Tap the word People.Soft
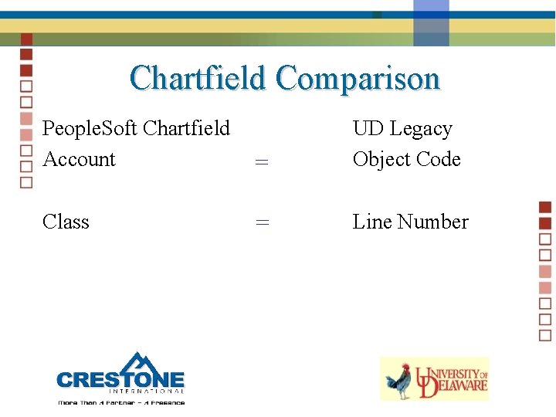pos(90,128)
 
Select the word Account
pos(79,159)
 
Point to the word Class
pos(66,222)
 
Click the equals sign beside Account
pos(262,161)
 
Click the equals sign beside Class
pos(262,222)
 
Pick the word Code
pos(438,159)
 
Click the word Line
pos(372,222)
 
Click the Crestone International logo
pos(121,378)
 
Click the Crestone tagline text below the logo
pos(121,402)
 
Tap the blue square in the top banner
pos(431,23)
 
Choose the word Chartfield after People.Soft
pos(187,128)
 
